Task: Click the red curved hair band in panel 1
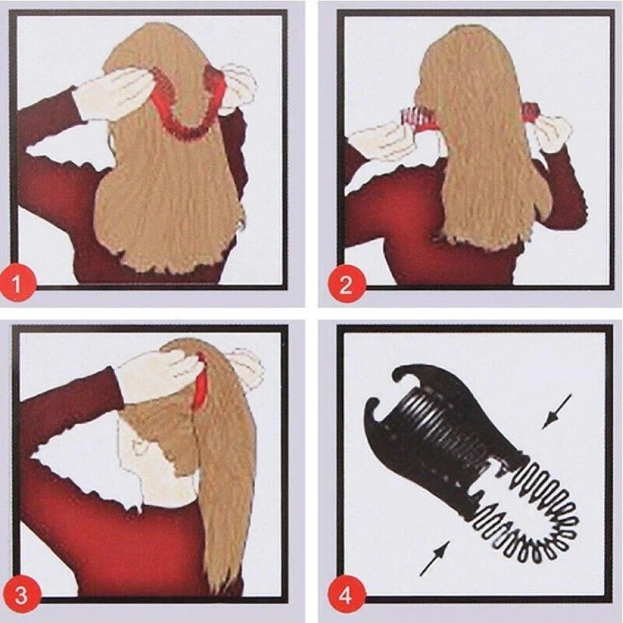click(187, 111)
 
